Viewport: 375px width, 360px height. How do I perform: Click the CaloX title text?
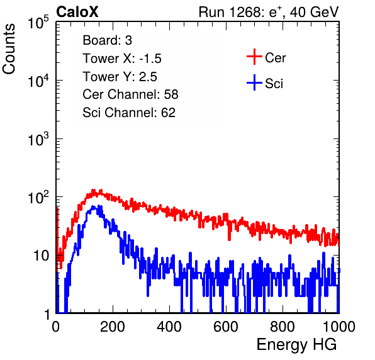coord(77,12)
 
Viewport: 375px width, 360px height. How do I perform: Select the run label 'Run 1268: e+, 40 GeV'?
coord(269,12)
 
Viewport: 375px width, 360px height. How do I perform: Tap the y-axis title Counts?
coord(9,49)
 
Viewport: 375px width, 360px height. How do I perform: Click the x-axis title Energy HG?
coord(296,344)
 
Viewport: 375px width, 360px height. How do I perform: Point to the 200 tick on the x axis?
coord(113,327)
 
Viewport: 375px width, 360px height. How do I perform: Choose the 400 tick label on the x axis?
coord(169,327)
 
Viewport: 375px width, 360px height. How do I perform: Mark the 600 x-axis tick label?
coord(226,327)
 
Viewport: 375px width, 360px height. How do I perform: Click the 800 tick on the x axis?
coord(283,327)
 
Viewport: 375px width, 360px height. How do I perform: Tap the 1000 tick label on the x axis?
coord(339,327)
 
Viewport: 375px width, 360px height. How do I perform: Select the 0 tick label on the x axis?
coord(56,327)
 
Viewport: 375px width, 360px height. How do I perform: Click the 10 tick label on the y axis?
coord(42,256)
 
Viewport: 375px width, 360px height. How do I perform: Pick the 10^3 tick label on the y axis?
coord(38,138)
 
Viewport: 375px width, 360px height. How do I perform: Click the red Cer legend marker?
coord(254,57)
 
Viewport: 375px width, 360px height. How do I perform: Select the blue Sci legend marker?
coord(254,82)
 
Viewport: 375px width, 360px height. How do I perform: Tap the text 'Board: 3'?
coord(108,40)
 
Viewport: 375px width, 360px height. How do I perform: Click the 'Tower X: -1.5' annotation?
coord(122,59)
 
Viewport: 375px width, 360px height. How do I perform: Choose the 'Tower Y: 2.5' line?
coord(120,77)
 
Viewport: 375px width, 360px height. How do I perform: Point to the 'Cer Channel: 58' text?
coord(130,94)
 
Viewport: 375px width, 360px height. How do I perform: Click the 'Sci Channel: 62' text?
coord(129,113)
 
